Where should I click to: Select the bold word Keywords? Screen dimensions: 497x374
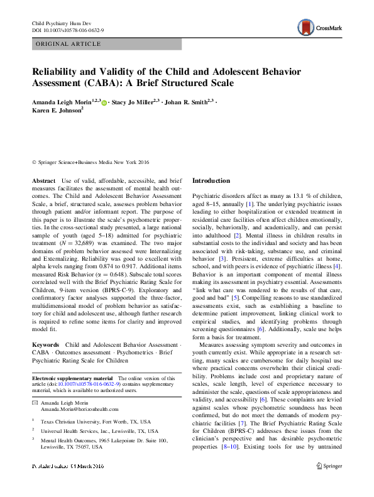click(45, 346)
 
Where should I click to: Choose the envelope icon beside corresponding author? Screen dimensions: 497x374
click(36, 401)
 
